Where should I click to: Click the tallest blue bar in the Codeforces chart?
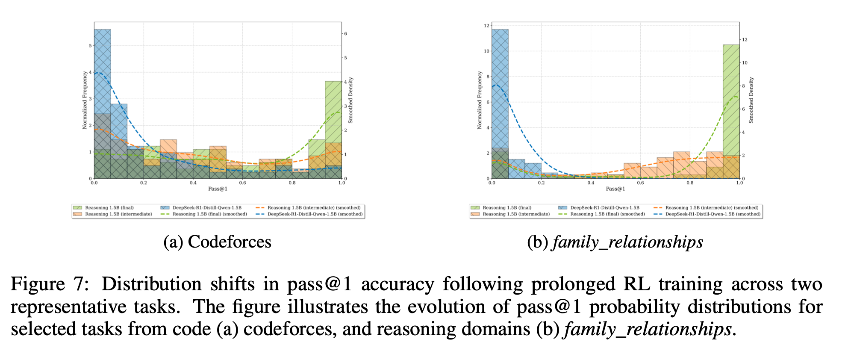click(x=103, y=103)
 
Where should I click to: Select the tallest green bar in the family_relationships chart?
click(x=731, y=111)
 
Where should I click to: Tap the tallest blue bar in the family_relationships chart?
click(x=500, y=103)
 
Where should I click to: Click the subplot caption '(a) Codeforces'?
click(x=217, y=242)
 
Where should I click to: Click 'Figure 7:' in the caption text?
click(x=50, y=284)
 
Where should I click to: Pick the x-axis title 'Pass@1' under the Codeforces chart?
click(x=218, y=189)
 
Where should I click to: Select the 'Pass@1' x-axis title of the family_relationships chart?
click(x=615, y=189)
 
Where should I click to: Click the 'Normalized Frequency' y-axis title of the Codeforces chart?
click(x=85, y=100)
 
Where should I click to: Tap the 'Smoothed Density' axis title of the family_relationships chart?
click(x=751, y=100)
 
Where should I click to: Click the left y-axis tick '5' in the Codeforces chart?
click(x=90, y=46)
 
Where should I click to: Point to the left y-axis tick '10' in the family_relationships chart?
click(x=486, y=51)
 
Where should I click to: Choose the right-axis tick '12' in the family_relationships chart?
click(x=745, y=40)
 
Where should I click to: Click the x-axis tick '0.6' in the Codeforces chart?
click(x=242, y=183)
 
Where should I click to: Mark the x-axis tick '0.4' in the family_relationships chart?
click(x=591, y=183)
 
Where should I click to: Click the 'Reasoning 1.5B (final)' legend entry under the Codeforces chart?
click(x=109, y=208)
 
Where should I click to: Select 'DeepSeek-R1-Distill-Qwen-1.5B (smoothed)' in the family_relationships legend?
click(x=713, y=214)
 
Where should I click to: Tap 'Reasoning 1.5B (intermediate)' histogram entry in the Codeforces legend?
click(x=118, y=214)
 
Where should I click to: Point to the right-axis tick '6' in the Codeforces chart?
click(x=345, y=33)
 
